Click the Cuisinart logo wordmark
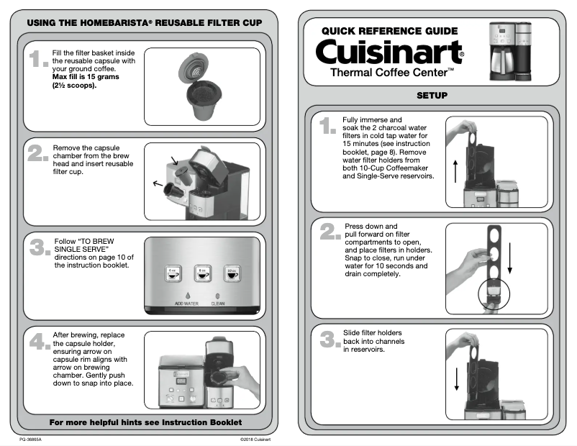[x=389, y=52]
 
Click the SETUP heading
[x=432, y=96]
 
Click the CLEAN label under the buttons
[x=218, y=304]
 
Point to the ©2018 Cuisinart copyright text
[x=255, y=439]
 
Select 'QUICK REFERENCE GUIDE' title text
[x=389, y=31]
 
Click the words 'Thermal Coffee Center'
[x=391, y=73]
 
